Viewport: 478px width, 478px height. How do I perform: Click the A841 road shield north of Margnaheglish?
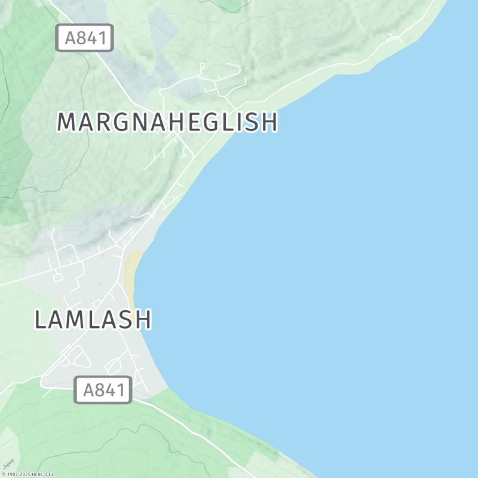coord(85,38)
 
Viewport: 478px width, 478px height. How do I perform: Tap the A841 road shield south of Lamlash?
coord(103,391)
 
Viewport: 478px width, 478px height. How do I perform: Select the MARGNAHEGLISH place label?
coord(167,122)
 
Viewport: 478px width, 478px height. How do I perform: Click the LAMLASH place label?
coord(93,320)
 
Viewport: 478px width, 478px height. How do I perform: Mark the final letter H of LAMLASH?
coord(142,320)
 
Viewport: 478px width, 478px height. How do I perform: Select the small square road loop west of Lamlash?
coord(58,277)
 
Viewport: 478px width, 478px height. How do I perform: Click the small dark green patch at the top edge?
coord(230,5)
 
